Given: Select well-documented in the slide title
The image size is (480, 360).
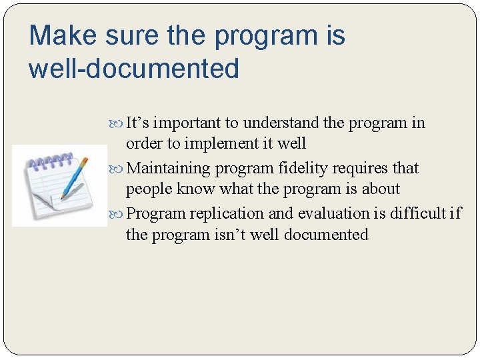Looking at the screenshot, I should pyautogui.click(x=133, y=69).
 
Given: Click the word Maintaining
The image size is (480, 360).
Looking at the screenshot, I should pyautogui.click(x=168, y=168).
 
